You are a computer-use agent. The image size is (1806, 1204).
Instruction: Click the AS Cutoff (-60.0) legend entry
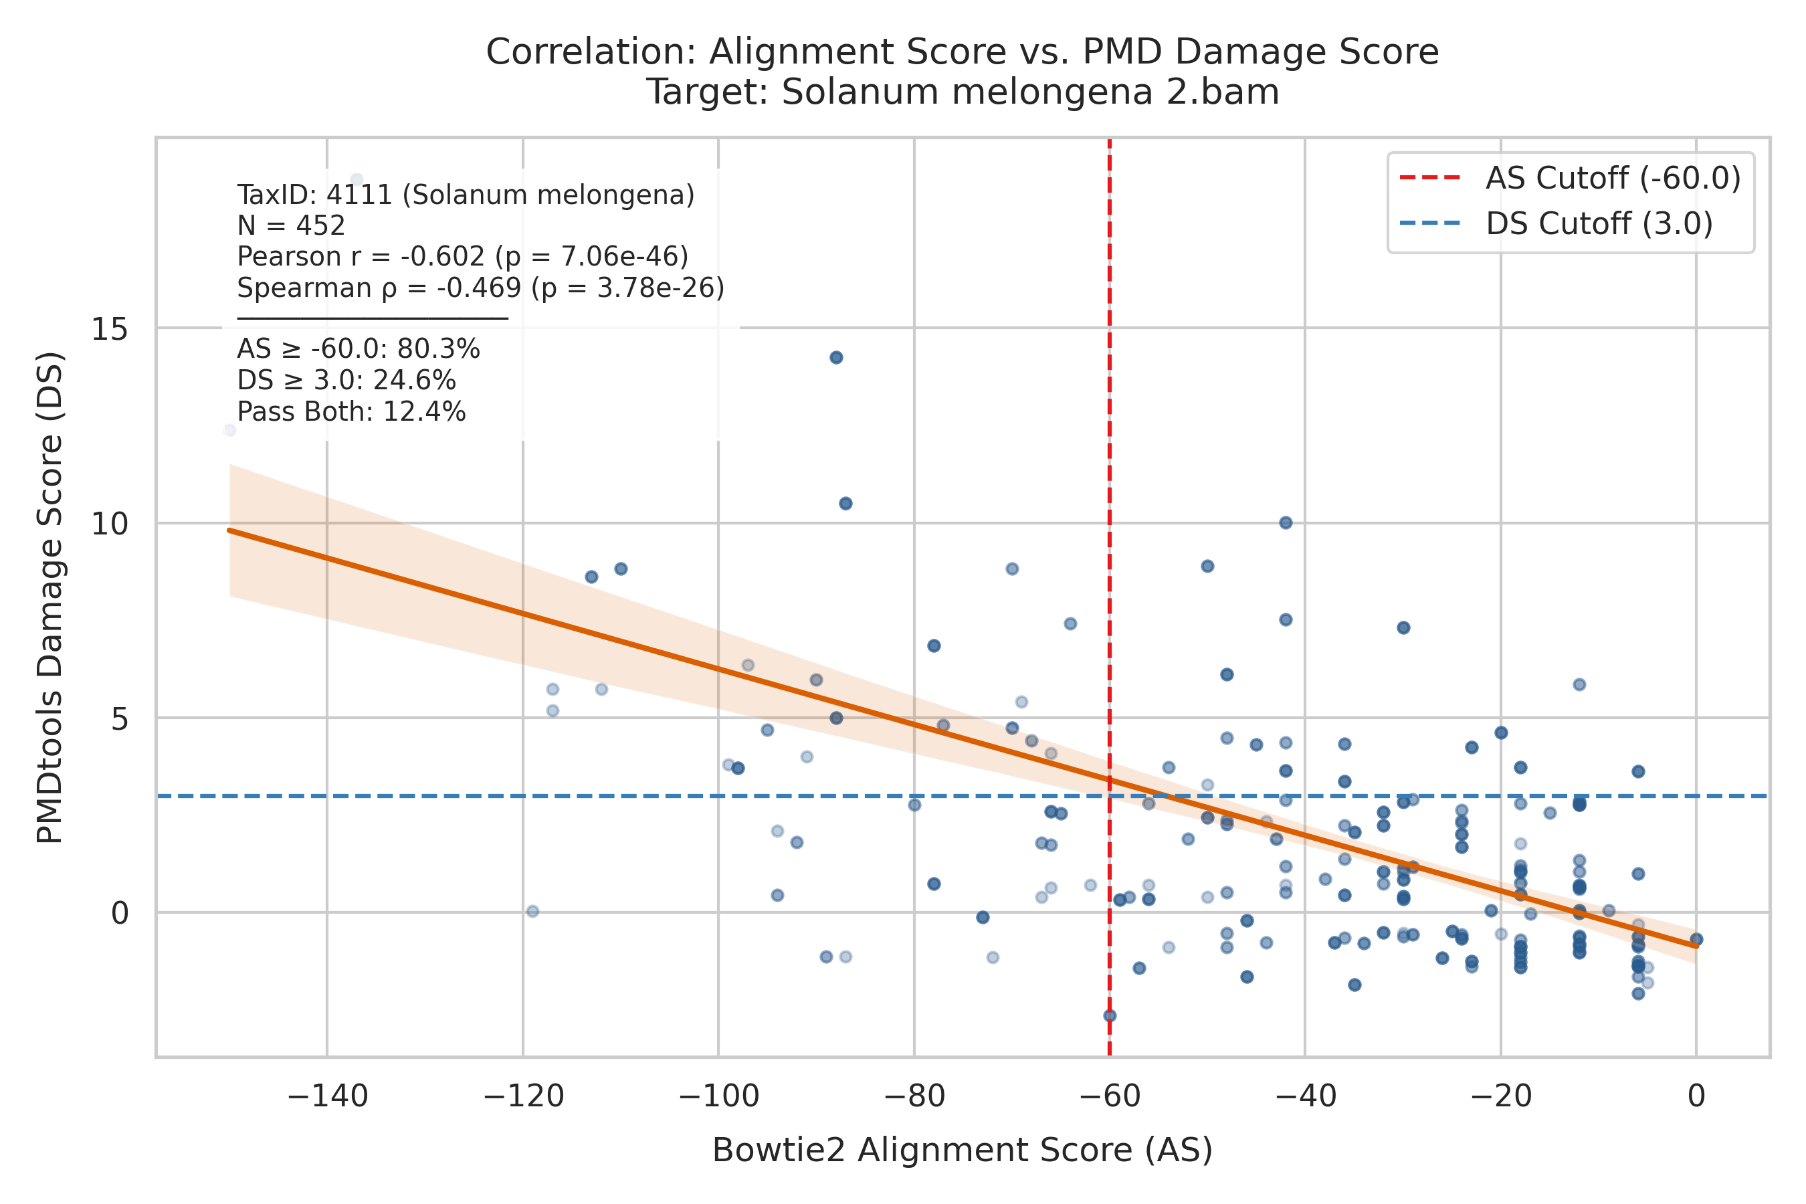(x=1569, y=178)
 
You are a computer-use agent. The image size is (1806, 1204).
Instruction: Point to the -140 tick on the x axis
(x=328, y=1096)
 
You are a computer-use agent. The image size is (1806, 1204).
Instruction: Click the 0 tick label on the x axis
(x=1696, y=1096)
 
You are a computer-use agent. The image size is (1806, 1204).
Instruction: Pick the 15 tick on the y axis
(x=110, y=328)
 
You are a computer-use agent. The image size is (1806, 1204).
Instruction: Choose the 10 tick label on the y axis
(x=110, y=524)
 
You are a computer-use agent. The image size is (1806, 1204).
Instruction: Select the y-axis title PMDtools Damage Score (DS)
(x=51, y=597)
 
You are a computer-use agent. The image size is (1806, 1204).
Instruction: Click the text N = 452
(x=291, y=226)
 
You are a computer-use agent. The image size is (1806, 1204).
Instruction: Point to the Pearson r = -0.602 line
(x=463, y=256)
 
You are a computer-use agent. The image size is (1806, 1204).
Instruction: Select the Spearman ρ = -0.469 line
(x=481, y=288)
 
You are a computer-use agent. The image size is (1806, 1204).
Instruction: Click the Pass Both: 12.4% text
(x=352, y=412)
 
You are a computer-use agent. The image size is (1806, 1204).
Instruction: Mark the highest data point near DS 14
(x=836, y=357)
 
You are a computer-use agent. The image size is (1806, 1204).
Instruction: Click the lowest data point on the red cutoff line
(x=1110, y=1015)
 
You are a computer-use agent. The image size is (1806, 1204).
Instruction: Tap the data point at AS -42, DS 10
(x=1286, y=523)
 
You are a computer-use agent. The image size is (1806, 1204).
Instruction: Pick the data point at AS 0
(x=1696, y=939)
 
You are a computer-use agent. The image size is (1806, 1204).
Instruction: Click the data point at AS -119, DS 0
(x=533, y=912)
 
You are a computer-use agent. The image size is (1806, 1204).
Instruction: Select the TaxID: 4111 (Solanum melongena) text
(x=466, y=195)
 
